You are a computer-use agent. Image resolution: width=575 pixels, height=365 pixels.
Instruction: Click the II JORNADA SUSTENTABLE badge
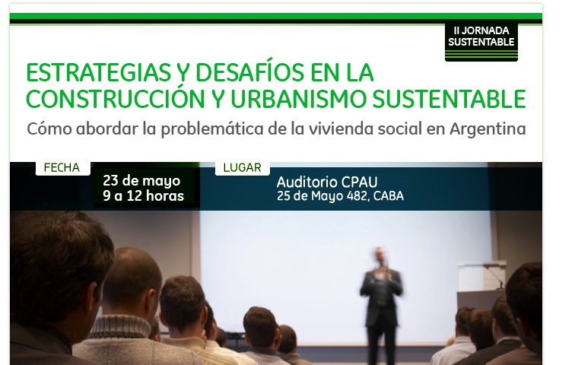[481, 42]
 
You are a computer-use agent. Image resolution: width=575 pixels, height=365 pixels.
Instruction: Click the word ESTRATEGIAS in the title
[98, 72]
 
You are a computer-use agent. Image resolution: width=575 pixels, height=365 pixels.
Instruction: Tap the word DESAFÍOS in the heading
[249, 71]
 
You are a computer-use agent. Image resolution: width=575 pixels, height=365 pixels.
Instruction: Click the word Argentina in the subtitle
[488, 129]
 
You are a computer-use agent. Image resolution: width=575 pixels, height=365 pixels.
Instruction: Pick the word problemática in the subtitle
[212, 129]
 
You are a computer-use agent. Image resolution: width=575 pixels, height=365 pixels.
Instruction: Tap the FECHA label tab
[62, 168]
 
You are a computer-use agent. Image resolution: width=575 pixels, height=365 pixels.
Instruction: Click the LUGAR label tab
[243, 168]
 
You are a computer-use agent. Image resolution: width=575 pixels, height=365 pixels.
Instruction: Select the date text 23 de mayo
[141, 181]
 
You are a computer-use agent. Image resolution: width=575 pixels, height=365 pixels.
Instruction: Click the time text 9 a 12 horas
[144, 195]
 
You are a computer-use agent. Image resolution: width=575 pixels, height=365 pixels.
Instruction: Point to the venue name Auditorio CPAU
[327, 182]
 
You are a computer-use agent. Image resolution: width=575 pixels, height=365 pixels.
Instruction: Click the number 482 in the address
[357, 196]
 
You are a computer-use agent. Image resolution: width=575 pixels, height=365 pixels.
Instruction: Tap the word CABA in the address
[389, 196]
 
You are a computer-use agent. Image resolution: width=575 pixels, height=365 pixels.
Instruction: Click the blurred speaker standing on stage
[381, 297]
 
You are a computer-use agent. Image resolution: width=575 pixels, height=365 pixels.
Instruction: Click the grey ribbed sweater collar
[120, 326]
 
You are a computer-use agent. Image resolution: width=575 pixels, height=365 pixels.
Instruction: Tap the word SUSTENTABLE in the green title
[450, 99]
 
